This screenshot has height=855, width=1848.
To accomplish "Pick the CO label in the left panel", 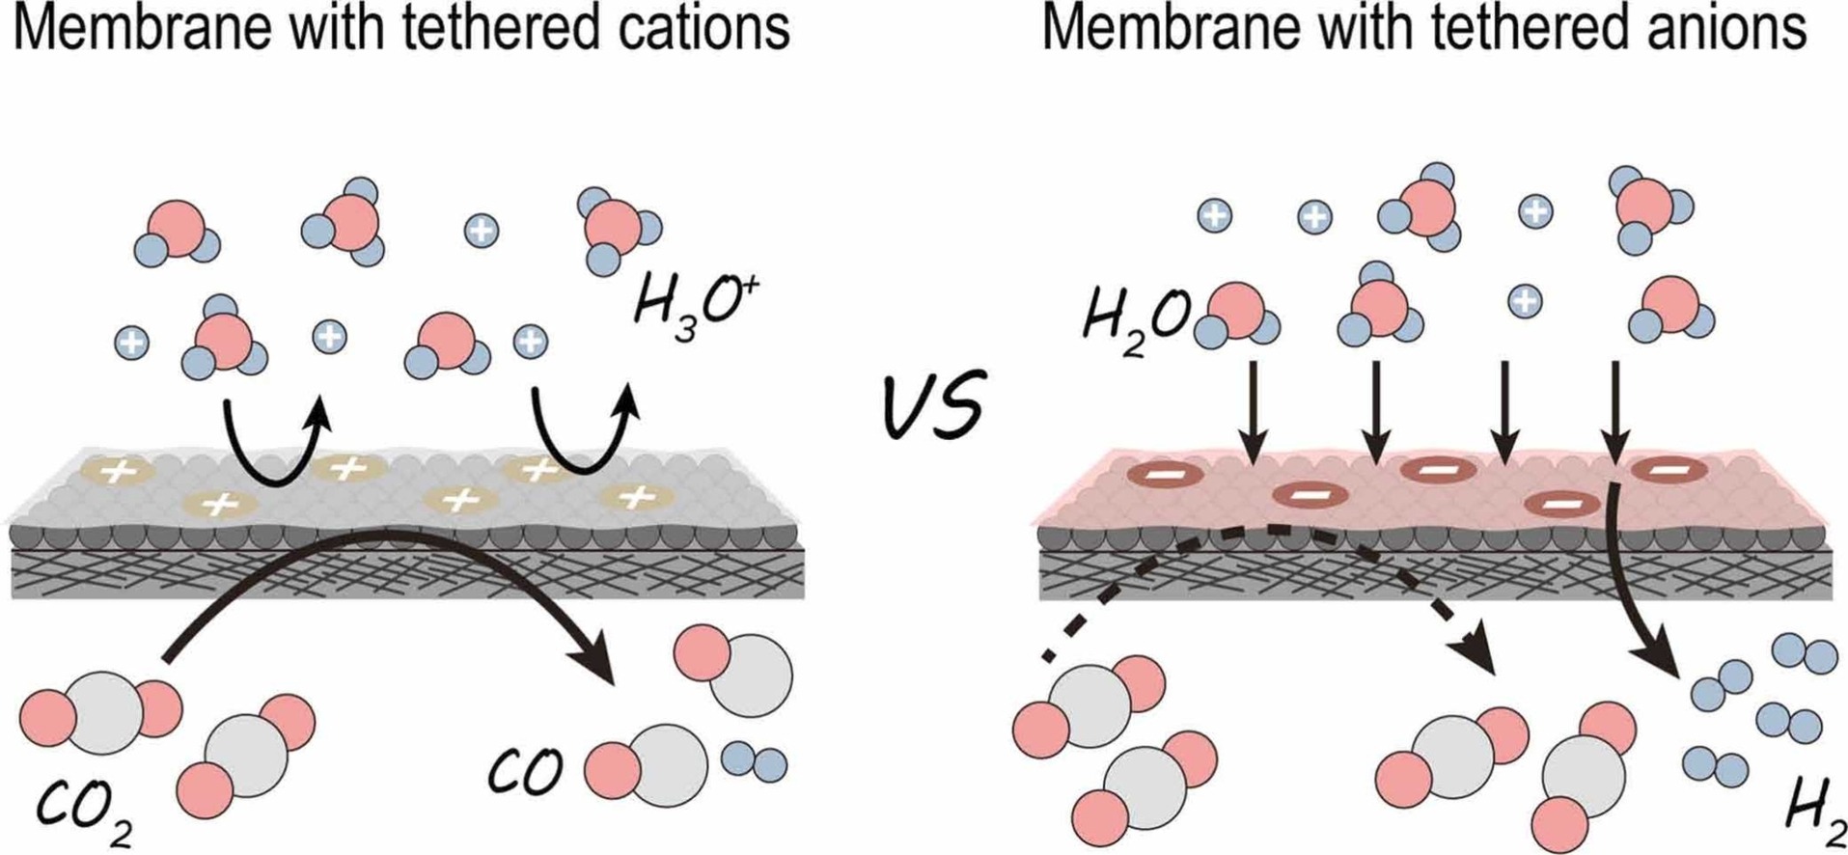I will (x=525, y=772).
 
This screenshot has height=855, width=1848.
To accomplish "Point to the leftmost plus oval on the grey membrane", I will (x=120, y=472).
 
